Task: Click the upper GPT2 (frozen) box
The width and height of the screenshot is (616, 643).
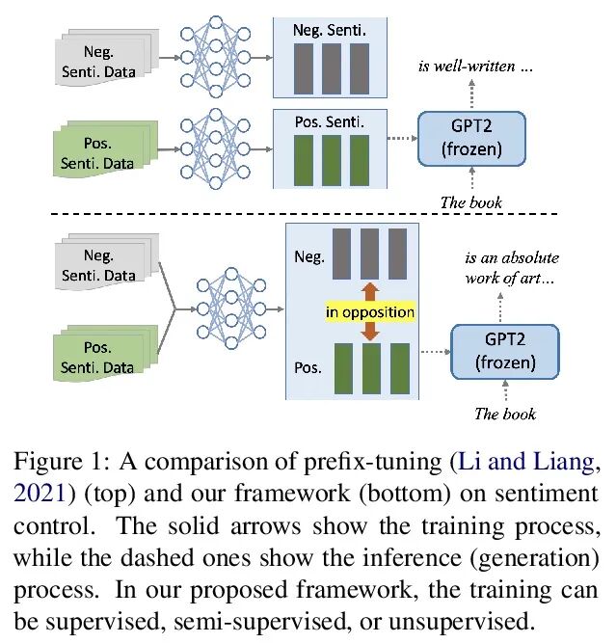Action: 471,139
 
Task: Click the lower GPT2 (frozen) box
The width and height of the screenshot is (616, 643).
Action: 504,353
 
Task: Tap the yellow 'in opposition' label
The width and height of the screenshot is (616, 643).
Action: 369,311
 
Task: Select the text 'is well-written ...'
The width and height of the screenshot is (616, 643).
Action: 473,67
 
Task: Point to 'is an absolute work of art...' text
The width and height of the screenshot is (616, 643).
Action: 512,267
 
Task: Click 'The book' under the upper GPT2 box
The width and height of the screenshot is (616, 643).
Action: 471,202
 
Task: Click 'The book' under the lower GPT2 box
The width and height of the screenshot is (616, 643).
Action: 504,415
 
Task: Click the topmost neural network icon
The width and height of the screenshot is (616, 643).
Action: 220,56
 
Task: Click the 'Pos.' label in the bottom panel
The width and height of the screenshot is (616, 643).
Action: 308,368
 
